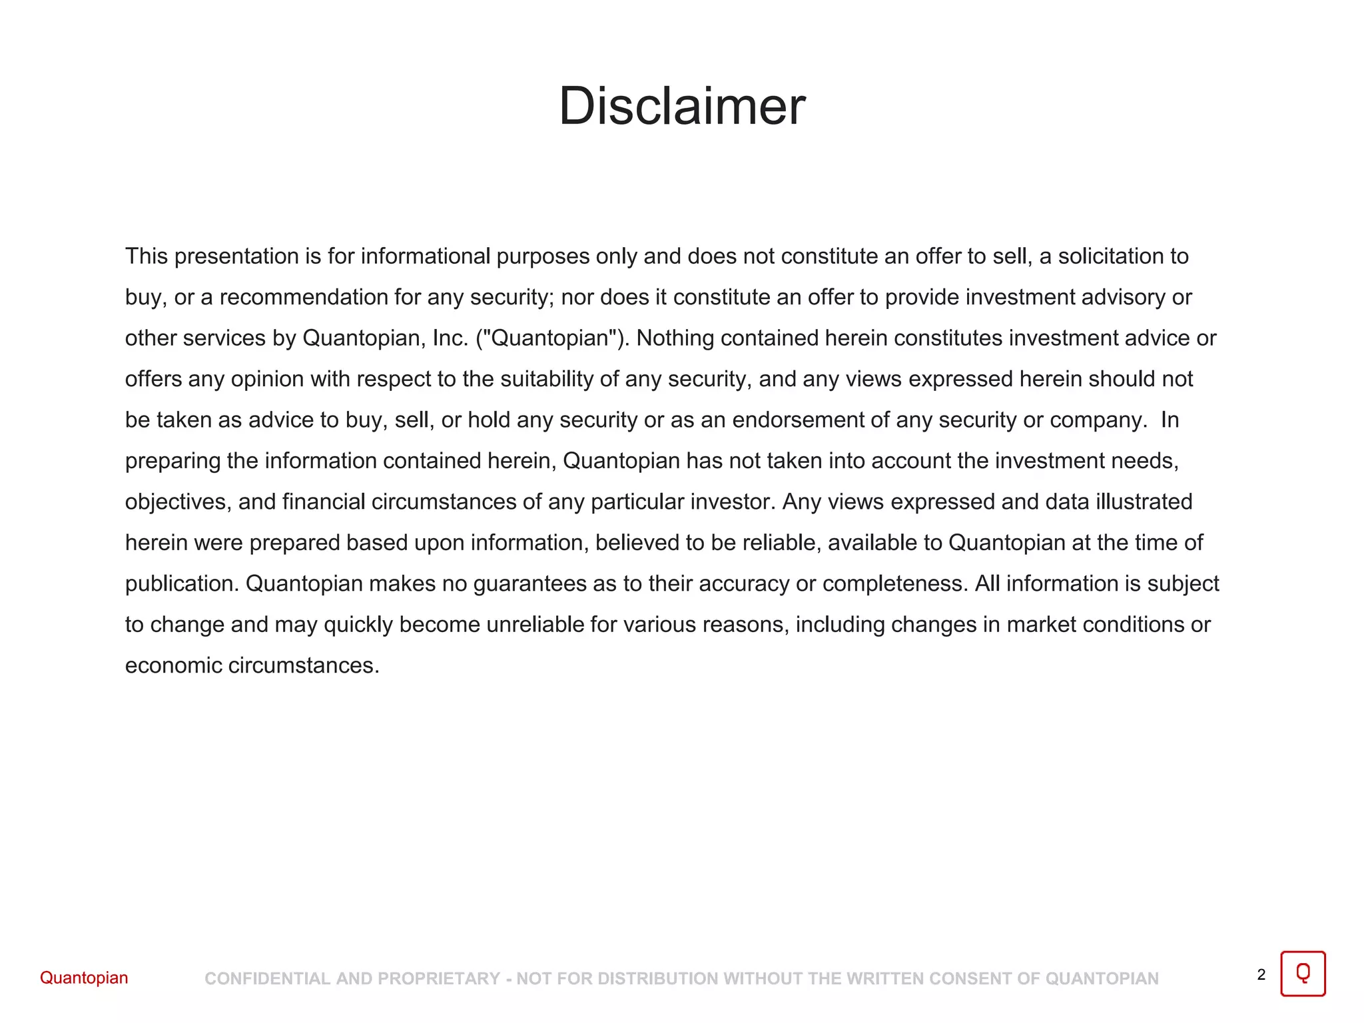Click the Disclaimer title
pos(682,107)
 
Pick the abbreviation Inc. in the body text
pos(450,338)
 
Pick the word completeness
pos(895,584)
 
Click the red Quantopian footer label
pos(84,978)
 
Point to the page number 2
pos(1261,975)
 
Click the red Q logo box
pos(1303,974)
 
